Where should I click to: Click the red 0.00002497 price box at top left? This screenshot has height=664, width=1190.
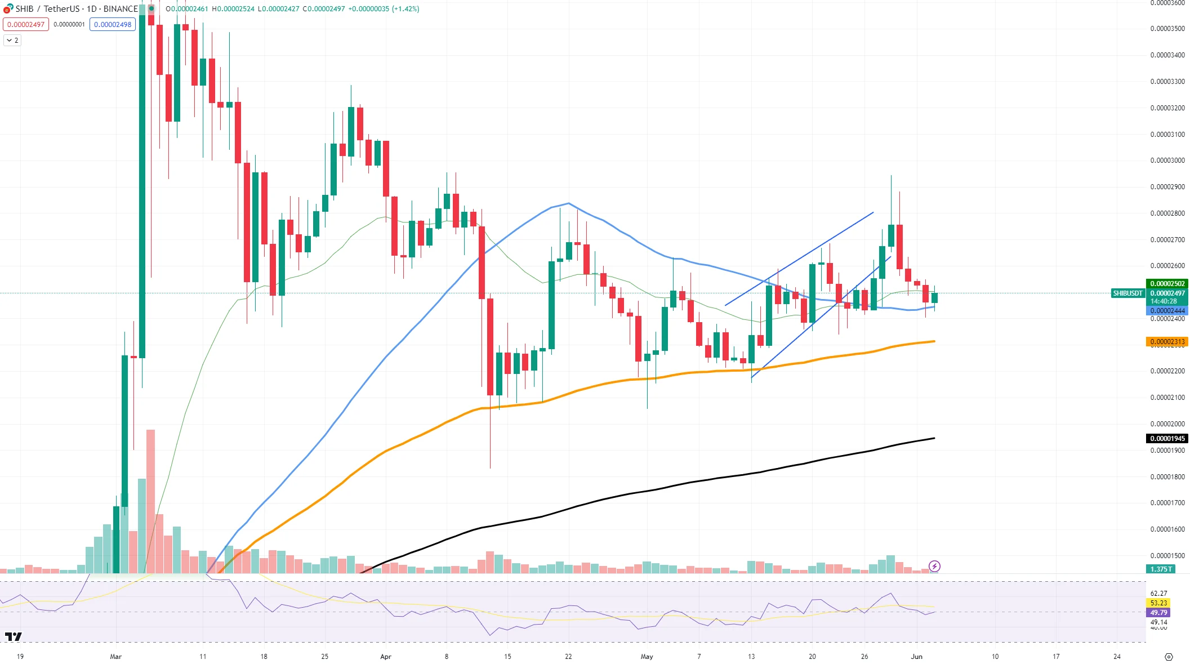tap(26, 25)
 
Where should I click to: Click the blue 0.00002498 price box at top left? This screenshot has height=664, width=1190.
tap(113, 25)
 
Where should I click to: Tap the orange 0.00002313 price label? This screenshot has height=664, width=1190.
tap(1167, 342)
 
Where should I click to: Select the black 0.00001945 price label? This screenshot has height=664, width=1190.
tap(1167, 439)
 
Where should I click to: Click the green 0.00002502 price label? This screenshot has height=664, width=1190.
tap(1167, 284)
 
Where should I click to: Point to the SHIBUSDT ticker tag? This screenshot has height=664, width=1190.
tap(1127, 293)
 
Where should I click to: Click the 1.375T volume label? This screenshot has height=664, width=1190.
tap(1161, 569)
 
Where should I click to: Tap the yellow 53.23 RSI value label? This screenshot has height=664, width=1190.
tap(1158, 603)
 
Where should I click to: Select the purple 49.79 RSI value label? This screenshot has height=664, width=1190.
tap(1158, 613)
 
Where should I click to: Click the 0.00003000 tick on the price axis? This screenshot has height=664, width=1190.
tap(1167, 161)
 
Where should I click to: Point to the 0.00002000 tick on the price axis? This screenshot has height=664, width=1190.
tap(1167, 424)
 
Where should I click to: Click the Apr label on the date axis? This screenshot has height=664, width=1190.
tap(386, 657)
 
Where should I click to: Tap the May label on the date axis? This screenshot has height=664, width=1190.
tap(647, 657)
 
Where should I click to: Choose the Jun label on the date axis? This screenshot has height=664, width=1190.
tap(917, 657)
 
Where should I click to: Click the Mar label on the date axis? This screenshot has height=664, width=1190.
tap(116, 657)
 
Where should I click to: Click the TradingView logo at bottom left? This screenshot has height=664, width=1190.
tap(14, 637)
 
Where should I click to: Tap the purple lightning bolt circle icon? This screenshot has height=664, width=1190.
tap(934, 566)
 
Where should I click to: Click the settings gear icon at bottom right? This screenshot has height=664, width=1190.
tap(1169, 657)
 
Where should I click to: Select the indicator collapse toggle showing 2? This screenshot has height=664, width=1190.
tap(12, 41)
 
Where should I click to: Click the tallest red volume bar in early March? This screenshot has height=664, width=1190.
tap(150, 501)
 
